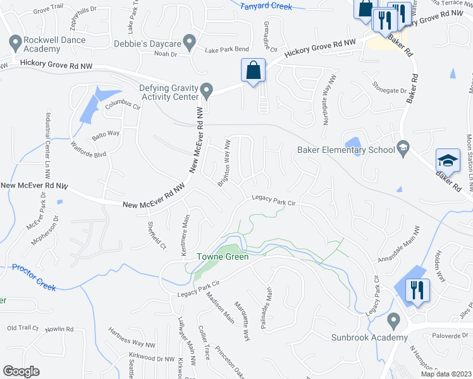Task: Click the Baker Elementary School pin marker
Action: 402,149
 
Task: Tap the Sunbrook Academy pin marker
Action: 394,322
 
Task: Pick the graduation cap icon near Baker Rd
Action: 448,162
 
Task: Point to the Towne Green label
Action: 222,256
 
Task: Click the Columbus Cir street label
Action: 121,104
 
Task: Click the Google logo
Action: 21,371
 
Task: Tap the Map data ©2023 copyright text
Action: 446,374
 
